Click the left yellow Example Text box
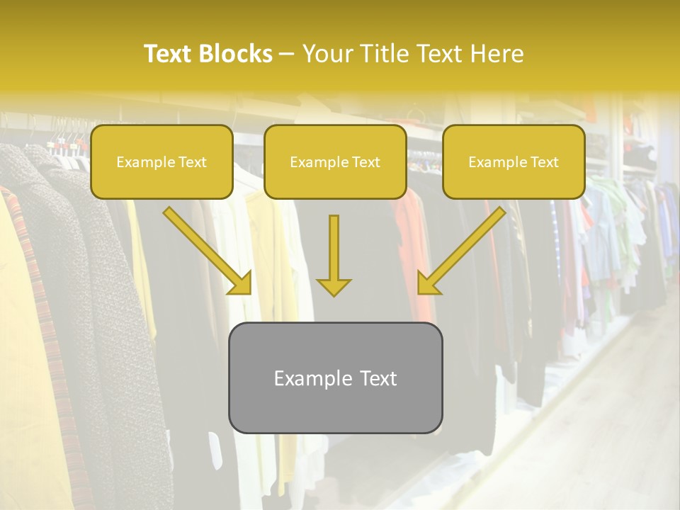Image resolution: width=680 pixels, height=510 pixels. click(161, 161)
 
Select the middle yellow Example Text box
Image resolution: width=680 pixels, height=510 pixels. click(335, 161)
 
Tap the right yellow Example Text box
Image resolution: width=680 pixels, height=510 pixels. click(514, 161)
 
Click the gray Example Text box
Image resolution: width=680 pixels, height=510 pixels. click(335, 378)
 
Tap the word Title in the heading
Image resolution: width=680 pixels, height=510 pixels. click(385, 54)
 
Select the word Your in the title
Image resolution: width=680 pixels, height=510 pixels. click(326, 54)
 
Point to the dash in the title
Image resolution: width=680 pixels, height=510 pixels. click(287, 54)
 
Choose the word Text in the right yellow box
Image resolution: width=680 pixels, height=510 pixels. click(544, 162)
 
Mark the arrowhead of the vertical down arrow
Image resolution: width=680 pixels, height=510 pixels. click(334, 286)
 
